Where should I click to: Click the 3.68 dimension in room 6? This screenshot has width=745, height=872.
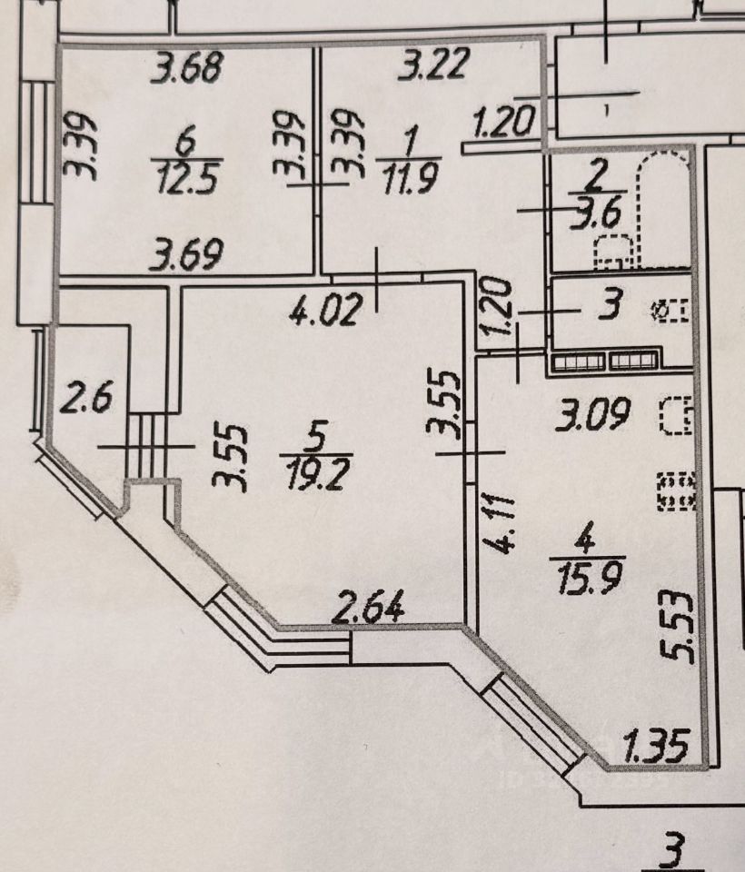(187, 69)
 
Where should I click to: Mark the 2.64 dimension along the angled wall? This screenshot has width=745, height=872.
(368, 606)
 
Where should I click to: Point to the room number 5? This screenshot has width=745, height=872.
(315, 439)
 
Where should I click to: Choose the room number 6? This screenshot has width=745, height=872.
(187, 142)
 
